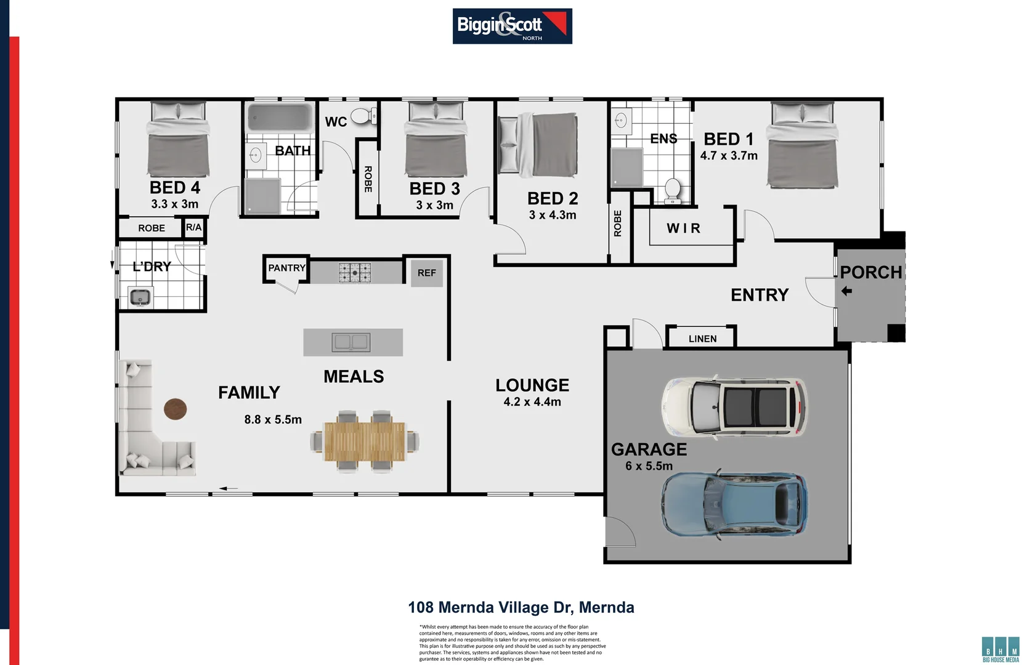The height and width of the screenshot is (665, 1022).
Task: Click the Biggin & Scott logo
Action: [x=512, y=26]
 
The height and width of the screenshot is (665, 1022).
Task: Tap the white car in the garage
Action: [x=733, y=408]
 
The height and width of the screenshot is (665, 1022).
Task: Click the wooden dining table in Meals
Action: [x=365, y=441]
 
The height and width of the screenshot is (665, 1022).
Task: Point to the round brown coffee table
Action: [x=175, y=409]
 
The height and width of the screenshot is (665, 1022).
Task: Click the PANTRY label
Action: [x=286, y=268]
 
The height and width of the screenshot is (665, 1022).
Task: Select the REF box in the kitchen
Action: [x=426, y=273]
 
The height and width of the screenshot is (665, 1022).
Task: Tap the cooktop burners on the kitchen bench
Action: [x=355, y=272]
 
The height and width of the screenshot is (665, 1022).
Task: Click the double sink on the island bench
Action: [x=351, y=342]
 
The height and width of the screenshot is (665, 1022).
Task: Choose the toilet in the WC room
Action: [x=363, y=115]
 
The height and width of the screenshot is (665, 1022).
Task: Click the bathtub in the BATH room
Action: [x=280, y=117]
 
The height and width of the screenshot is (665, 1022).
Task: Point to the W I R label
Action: [x=683, y=228]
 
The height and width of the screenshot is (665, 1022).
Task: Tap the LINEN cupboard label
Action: [x=702, y=339]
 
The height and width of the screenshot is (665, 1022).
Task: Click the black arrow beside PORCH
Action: [x=846, y=291]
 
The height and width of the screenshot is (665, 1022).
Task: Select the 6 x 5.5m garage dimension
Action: [x=649, y=466]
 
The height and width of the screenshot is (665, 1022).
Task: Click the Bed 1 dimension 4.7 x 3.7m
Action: [x=729, y=156]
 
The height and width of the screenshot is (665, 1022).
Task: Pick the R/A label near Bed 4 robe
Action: [x=193, y=227]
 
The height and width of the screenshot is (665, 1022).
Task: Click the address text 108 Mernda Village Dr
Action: [x=521, y=608]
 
